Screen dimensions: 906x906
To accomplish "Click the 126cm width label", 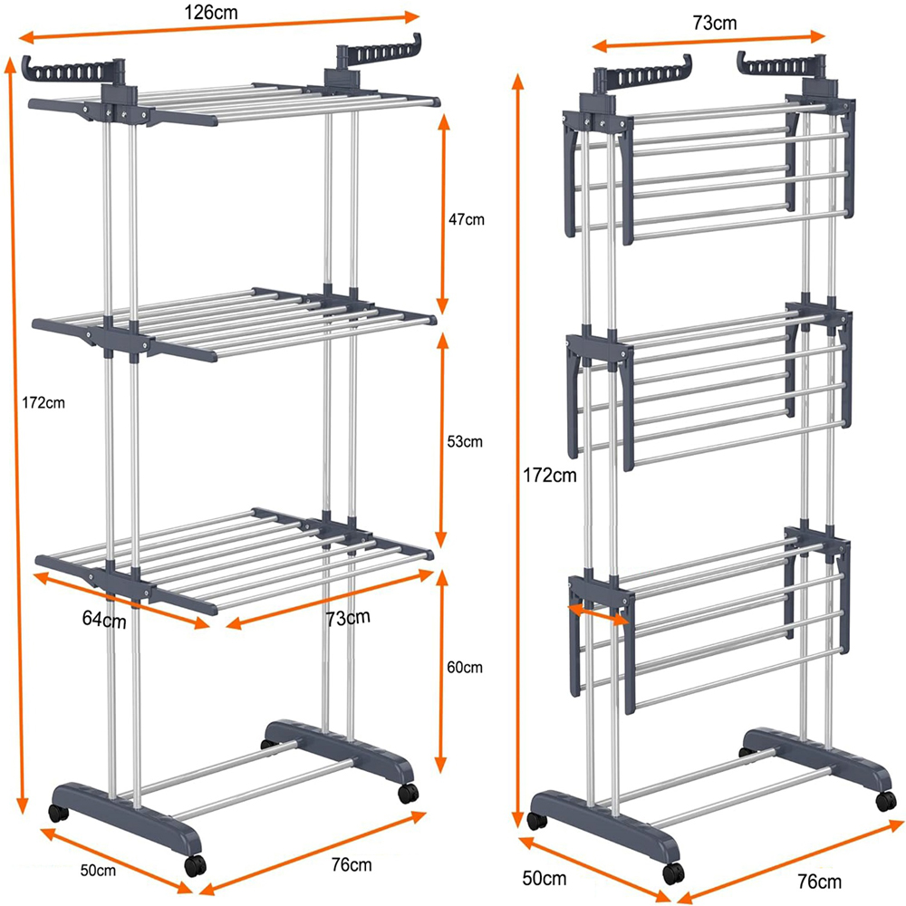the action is (x=210, y=13).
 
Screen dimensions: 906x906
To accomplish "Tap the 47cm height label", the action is (x=467, y=219).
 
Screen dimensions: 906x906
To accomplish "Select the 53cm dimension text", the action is (x=465, y=441).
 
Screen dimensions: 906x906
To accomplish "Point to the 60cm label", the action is (x=465, y=668).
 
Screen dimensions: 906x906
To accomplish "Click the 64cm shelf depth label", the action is (x=104, y=620).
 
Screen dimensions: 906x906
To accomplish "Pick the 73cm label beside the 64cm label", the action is (x=348, y=618).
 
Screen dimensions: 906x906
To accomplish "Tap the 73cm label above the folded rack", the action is (x=715, y=24).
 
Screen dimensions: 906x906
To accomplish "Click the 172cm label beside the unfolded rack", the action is (x=43, y=403).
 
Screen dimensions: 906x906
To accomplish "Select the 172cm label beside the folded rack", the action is (x=550, y=475).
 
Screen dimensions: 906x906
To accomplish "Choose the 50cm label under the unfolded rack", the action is (x=98, y=870).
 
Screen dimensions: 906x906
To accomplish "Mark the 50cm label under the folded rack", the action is (x=545, y=878).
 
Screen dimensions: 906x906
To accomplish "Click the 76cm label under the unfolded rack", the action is (x=352, y=864).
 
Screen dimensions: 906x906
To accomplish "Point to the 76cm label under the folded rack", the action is (x=819, y=882).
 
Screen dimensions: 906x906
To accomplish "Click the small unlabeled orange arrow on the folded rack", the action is (x=599, y=613).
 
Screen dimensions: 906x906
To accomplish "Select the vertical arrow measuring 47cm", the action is (x=443, y=214).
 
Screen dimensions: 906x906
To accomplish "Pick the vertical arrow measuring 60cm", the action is (x=441, y=670).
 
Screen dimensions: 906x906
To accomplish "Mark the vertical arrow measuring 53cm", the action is (x=441, y=439).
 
